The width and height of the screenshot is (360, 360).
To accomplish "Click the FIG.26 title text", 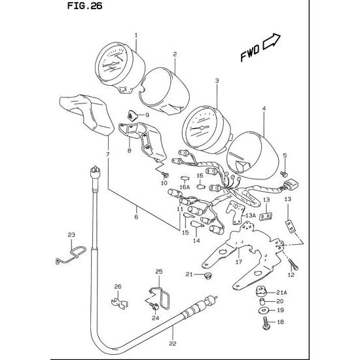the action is pyautogui.click(x=84, y=6).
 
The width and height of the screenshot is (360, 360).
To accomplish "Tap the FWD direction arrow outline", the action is pyautogui.click(x=271, y=42).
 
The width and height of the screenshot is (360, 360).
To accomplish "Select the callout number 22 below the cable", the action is pyautogui.click(x=172, y=344).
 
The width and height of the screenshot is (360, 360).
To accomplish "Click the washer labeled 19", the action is pyautogui.click(x=263, y=311).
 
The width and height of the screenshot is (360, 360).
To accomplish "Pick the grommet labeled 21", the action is pyautogui.click(x=208, y=274).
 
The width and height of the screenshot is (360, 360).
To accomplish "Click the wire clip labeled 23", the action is pyautogui.click(x=71, y=255).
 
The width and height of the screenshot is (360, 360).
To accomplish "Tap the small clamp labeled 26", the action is pyautogui.click(x=119, y=303).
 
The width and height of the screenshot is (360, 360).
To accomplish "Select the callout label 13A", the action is pyautogui.click(x=251, y=215).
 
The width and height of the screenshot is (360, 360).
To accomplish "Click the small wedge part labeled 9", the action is pyautogui.click(x=132, y=115).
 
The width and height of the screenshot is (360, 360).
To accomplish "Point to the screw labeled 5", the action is pyautogui.click(x=284, y=174).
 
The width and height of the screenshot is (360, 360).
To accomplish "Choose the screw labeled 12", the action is pyautogui.click(x=293, y=264).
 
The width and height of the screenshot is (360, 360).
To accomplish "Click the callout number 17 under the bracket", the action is pyautogui.click(x=239, y=262).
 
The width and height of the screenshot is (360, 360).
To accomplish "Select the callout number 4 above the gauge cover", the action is pyautogui.click(x=264, y=109).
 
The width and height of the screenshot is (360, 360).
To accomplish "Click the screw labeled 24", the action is pyautogui.click(x=154, y=306).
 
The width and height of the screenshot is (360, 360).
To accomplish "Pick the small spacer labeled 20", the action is pyautogui.click(x=262, y=301).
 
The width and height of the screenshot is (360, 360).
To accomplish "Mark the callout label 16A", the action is pyautogui.click(x=185, y=187).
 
